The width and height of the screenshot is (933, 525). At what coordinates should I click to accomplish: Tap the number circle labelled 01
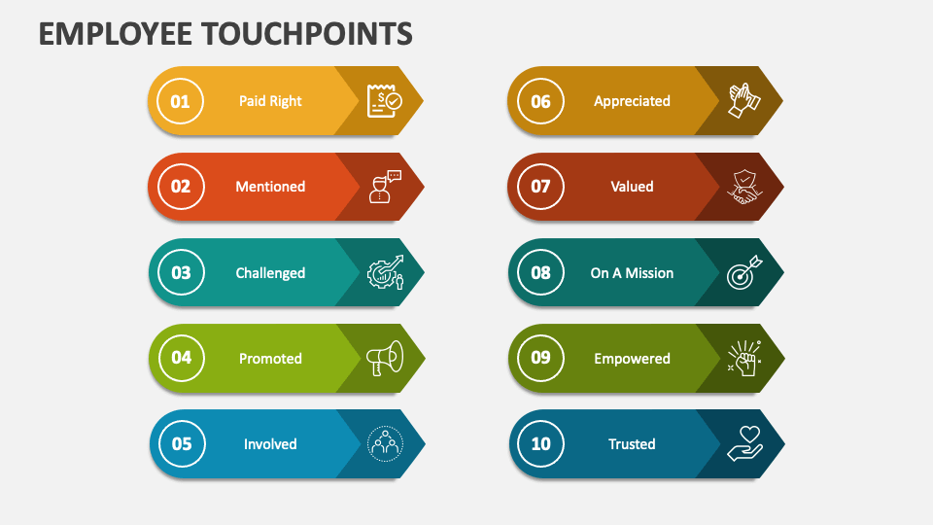[181, 101]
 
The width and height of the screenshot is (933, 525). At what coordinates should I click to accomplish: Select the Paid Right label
[270, 101]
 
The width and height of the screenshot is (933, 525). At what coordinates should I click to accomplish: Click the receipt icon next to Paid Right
[383, 101]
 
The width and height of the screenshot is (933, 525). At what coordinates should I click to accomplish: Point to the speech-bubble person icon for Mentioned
[384, 187]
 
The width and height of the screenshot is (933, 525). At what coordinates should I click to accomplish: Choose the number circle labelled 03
[181, 273]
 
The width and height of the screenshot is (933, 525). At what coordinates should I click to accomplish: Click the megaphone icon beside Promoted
[384, 359]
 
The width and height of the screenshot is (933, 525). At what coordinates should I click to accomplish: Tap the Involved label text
[270, 444]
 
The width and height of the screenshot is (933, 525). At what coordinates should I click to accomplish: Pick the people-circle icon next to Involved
[384, 444]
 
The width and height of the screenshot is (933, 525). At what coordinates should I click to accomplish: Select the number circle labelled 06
[540, 101]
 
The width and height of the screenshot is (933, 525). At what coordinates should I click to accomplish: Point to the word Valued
[632, 187]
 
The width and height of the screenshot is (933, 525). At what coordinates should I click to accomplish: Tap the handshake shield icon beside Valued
[744, 187]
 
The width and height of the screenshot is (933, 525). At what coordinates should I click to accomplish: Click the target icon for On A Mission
[744, 273]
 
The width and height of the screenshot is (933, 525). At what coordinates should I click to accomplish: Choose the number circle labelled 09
[540, 359]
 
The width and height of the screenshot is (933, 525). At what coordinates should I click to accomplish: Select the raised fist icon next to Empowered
[744, 359]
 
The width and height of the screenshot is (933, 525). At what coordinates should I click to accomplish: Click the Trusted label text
[632, 444]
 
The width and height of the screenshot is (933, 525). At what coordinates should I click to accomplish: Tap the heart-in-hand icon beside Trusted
[744, 444]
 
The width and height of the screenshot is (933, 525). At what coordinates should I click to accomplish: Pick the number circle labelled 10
[540, 444]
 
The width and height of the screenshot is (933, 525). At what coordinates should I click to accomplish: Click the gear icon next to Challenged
[384, 273]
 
